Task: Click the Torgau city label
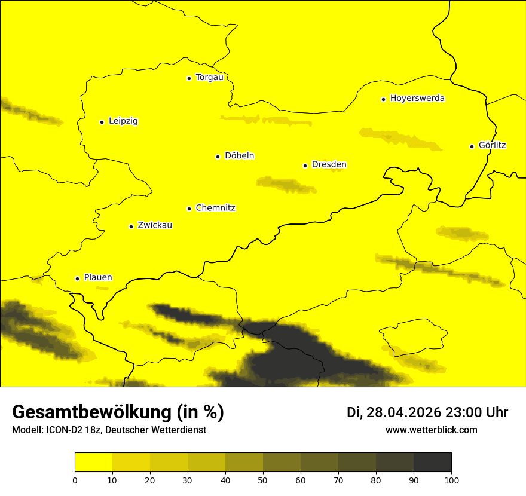click(209, 78)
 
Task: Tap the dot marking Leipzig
click(102, 122)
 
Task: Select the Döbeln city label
click(239, 156)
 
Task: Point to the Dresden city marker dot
click(305, 166)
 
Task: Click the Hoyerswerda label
click(417, 99)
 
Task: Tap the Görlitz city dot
click(472, 146)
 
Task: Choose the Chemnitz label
click(215, 209)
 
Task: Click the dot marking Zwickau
click(131, 226)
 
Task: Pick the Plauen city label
click(98, 278)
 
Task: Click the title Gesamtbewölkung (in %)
click(118, 412)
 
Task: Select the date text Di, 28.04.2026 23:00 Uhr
click(427, 412)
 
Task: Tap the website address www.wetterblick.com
click(432, 430)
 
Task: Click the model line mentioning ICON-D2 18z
click(109, 430)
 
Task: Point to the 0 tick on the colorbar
click(75, 480)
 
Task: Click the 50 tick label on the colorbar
click(263, 480)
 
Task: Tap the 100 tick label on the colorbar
click(451, 480)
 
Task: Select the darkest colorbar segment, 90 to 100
click(432, 462)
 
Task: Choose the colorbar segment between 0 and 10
click(93, 462)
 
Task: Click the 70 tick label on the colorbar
click(338, 480)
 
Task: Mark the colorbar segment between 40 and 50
click(244, 462)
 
